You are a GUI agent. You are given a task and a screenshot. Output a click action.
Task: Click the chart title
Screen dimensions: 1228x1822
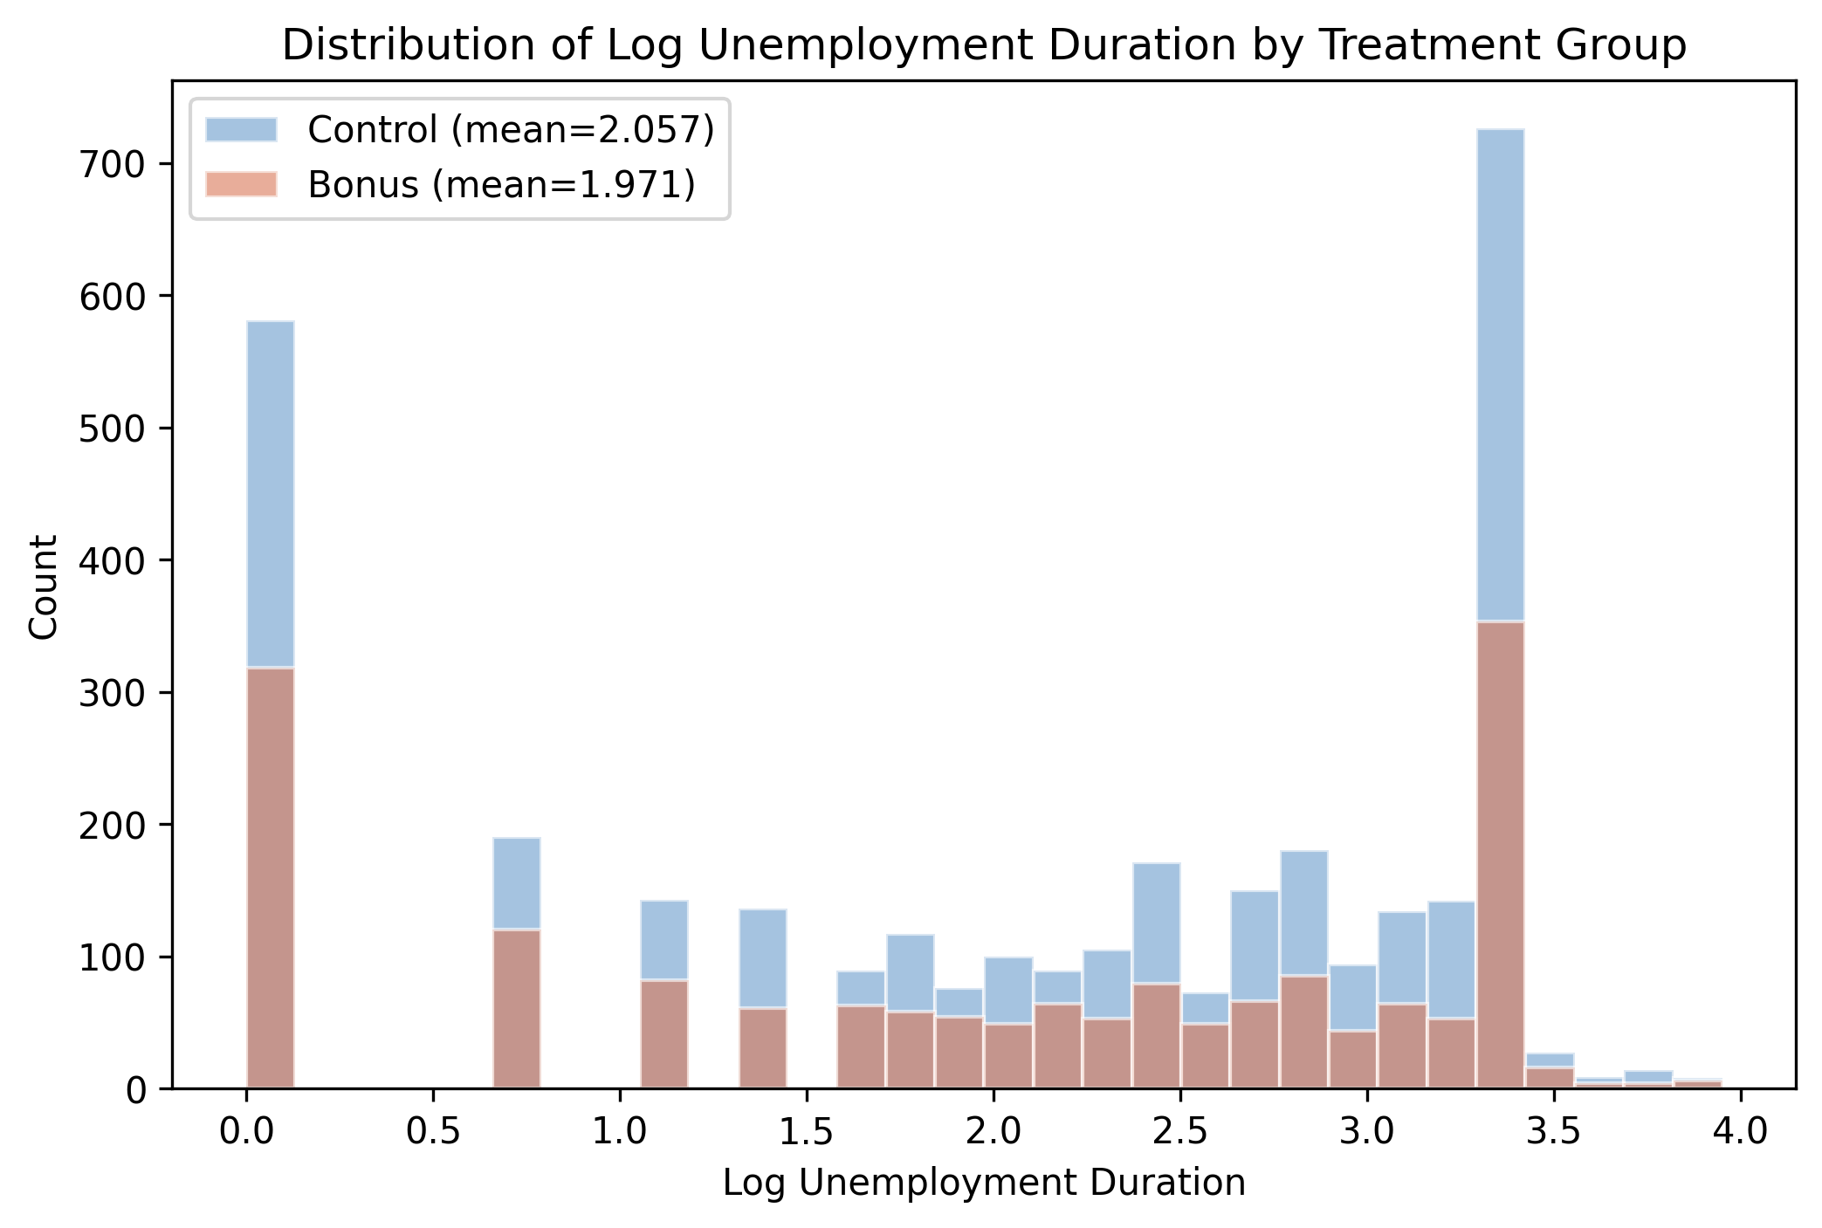pyautogui.click(x=983, y=45)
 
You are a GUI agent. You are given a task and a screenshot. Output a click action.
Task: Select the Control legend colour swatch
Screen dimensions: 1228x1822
pyautogui.click(x=241, y=130)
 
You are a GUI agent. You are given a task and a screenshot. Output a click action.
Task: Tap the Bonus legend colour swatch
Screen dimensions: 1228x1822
pyautogui.click(x=241, y=184)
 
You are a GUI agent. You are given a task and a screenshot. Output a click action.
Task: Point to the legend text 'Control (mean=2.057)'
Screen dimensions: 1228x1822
pyautogui.click(x=511, y=130)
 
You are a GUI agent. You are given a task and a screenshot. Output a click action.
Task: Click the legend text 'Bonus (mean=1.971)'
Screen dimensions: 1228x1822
pyautogui.click(x=501, y=184)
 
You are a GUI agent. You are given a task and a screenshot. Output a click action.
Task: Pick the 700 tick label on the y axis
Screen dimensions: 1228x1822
pyautogui.click(x=113, y=164)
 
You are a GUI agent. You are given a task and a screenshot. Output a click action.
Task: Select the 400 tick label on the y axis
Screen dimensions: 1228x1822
pyautogui.click(x=113, y=560)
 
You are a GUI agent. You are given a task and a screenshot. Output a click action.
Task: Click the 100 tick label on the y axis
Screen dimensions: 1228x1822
pyautogui.click(x=113, y=957)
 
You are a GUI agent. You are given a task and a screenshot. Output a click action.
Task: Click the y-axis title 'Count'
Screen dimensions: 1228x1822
pyautogui.click(x=44, y=587)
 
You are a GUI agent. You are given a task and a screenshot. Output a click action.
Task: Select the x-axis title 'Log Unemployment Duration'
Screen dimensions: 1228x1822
pyautogui.click(x=983, y=1183)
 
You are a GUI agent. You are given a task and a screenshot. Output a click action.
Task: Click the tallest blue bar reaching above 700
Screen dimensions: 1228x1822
pyautogui.click(x=1501, y=375)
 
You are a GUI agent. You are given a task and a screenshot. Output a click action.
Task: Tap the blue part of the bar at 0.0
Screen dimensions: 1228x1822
pyautogui.click(x=271, y=493)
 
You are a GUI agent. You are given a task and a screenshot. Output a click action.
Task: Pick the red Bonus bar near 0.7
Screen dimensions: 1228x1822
pyautogui.click(x=517, y=1009)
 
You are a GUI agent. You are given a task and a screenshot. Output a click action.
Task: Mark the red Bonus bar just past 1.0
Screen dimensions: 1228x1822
pyautogui.click(x=664, y=1034)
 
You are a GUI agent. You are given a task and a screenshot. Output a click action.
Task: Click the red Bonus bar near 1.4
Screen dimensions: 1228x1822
pyautogui.click(x=763, y=1047)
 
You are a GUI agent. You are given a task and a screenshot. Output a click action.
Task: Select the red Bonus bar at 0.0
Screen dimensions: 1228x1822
pyautogui.click(x=271, y=877)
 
